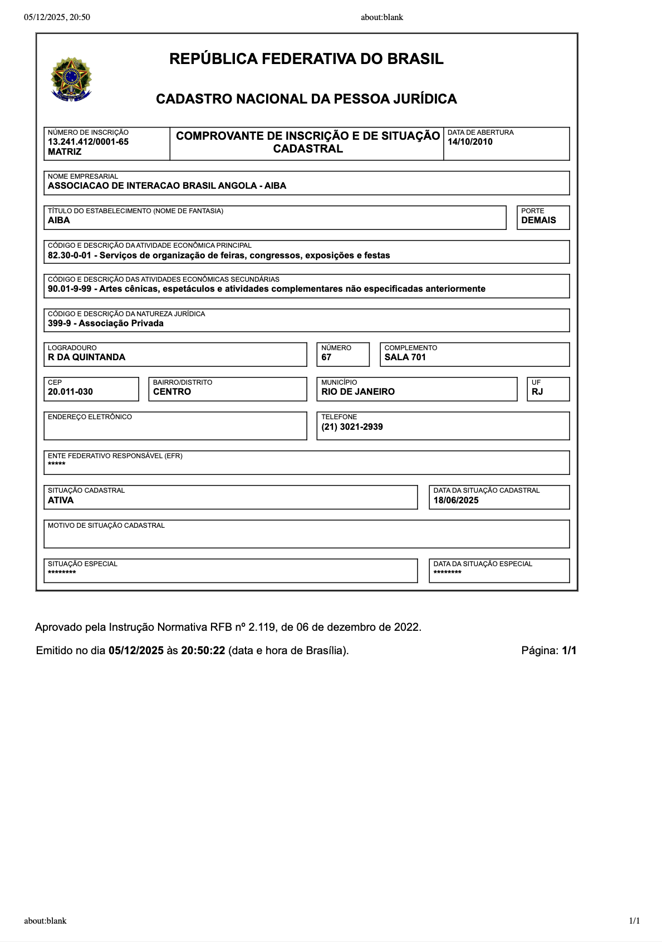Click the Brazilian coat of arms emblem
click(71, 79)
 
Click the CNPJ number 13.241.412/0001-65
click(88, 142)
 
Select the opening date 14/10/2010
click(470, 142)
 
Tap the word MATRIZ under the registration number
click(65, 152)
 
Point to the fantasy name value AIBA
click(59, 220)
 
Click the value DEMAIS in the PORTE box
click(538, 220)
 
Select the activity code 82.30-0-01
click(69, 256)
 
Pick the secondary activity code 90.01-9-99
click(69, 289)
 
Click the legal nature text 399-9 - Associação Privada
click(106, 323)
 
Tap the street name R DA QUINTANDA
click(86, 357)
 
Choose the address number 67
click(326, 357)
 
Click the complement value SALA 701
click(405, 357)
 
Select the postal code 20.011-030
click(70, 392)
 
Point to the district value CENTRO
click(172, 392)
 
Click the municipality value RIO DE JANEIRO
click(358, 392)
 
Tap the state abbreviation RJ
click(537, 392)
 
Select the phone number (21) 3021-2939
click(352, 427)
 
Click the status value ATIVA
click(61, 501)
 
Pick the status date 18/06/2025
click(456, 501)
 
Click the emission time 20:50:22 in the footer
click(203, 651)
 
